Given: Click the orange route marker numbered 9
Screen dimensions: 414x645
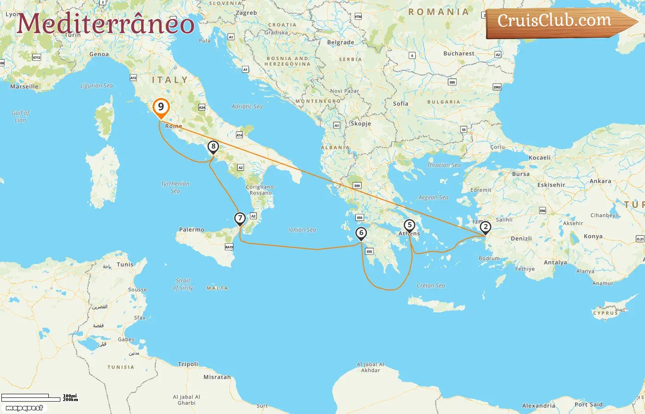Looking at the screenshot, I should tap(161, 107).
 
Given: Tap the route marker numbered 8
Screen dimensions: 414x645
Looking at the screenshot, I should tap(213, 147).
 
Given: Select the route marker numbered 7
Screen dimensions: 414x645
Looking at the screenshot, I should tap(240, 218).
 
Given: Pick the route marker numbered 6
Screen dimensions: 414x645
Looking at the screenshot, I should tap(361, 233).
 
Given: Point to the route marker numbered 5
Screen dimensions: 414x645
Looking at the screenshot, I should tap(409, 225).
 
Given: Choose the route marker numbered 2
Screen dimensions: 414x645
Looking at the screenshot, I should tap(485, 227).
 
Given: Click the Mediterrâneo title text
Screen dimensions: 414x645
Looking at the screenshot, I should tap(106, 24).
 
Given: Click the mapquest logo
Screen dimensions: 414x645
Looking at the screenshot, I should tap(24, 408).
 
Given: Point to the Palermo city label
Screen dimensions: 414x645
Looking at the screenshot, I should tap(192, 230).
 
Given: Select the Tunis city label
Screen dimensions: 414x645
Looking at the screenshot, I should tap(125, 264).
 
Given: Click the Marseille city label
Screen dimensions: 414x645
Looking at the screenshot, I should tap(24, 86).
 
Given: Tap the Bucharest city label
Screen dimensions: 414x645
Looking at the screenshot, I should tap(458, 53).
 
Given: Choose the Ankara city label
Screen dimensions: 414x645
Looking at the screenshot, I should tap(600, 181).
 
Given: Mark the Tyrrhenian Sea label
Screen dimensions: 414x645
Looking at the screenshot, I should tap(175, 187).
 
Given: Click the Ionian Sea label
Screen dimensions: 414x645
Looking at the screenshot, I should tap(302, 230).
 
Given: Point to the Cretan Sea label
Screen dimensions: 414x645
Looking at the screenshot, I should tap(431, 286).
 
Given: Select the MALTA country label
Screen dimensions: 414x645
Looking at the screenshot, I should tap(217, 288).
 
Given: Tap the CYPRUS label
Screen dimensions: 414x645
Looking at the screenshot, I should tap(605, 313).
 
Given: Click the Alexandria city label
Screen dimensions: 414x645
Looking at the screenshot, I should tap(539, 406).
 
